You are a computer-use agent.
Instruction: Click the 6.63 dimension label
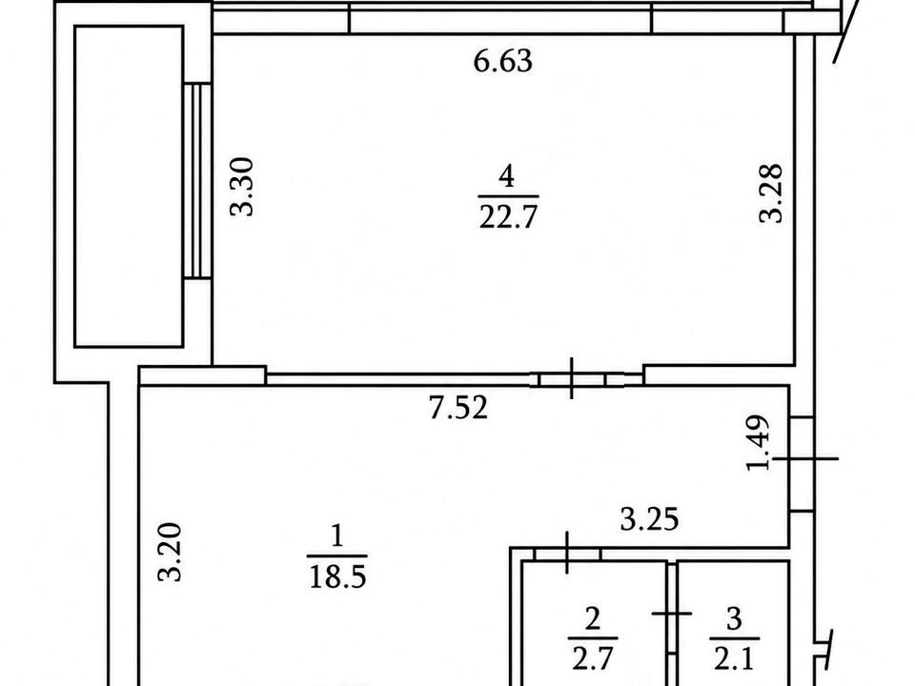[x=503, y=61]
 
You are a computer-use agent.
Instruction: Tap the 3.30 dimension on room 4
[x=242, y=187]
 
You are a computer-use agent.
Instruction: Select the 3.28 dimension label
[x=770, y=193]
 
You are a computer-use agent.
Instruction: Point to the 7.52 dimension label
[x=458, y=407]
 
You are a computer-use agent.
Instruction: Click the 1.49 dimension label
[x=760, y=442]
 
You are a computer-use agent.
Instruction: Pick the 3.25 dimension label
[x=649, y=519]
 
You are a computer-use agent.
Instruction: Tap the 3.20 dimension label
[x=171, y=552]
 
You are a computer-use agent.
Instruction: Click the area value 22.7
[x=508, y=217]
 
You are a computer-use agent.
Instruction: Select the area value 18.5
[x=337, y=577]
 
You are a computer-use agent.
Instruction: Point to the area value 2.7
[x=592, y=658]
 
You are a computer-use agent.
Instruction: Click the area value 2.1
[x=734, y=659]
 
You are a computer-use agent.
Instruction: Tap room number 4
[x=507, y=176]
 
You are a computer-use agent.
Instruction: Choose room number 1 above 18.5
[x=336, y=536]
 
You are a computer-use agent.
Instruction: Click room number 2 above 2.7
[x=592, y=618]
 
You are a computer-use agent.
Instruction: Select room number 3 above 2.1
[x=735, y=618]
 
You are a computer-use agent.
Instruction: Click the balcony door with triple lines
[x=197, y=180]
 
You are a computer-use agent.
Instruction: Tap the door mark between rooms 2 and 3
[x=672, y=614]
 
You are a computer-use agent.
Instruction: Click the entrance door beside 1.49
[x=803, y=464]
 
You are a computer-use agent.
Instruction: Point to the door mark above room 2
[x=567, y=553]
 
